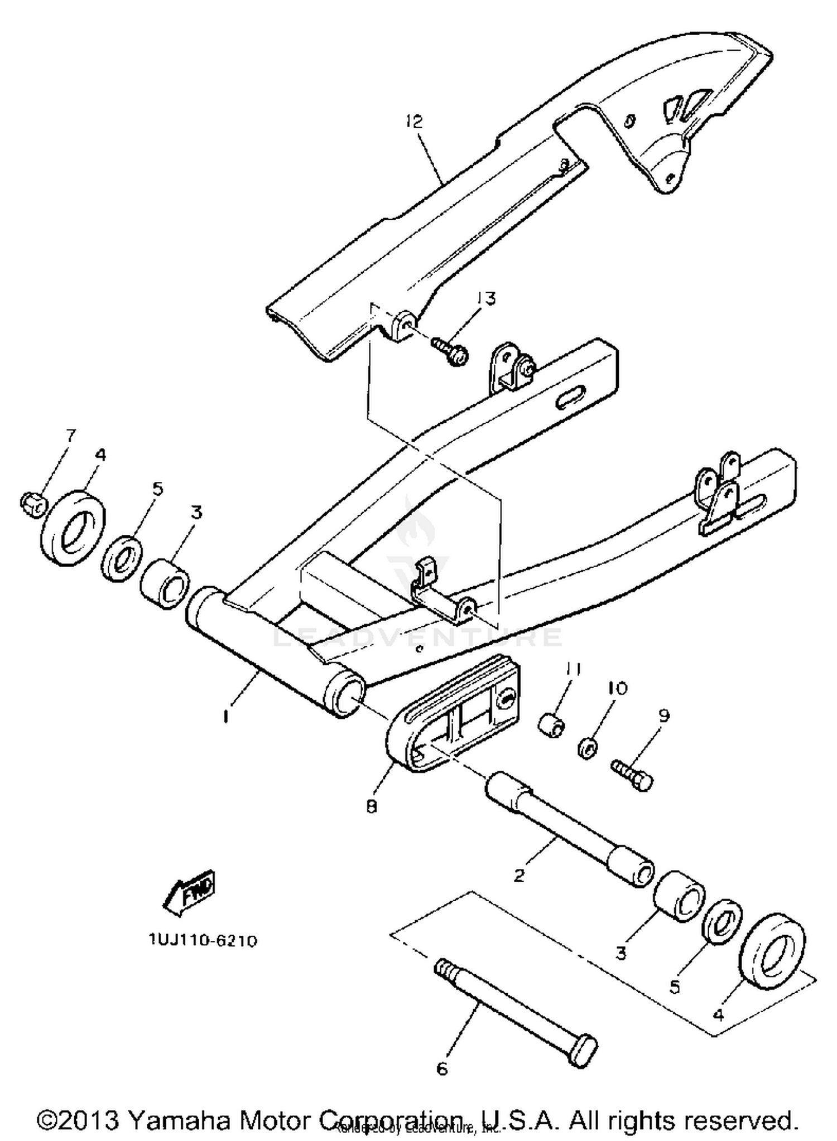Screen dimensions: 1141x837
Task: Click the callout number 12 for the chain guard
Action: (x=415, y=122)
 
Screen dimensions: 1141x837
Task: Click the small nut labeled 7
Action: (x=33, y=504)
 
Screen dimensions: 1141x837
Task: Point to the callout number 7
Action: (x=70, y=436)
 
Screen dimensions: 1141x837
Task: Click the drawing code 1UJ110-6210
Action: (x=203, y=941)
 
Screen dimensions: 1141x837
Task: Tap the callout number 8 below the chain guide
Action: (x=372, y=807)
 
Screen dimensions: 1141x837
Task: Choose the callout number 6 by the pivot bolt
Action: (x=442, y=1068)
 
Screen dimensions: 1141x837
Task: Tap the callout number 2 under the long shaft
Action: (x=519, y=875)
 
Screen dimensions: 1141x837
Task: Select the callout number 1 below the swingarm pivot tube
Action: (x=225, y=716)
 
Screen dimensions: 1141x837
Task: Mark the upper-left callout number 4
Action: (x=100, y=455)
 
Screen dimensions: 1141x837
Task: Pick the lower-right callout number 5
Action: (x=675, y=987)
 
